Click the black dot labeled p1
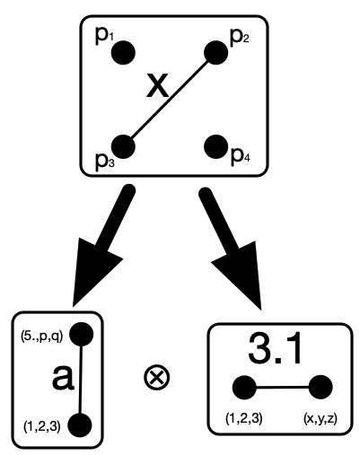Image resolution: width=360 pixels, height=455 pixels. coord(123,53)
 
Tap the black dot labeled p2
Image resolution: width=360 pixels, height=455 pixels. coord(215,53)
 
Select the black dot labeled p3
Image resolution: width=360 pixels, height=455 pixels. coord(123,146)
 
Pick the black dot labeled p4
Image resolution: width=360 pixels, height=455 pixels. coord(215,146)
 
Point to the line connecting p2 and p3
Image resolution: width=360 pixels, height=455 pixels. coord(170,100)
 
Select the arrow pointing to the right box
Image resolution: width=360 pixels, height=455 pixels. coord(231,248)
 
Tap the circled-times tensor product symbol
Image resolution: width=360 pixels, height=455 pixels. coord(157,378)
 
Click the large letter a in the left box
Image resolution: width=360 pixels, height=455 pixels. coord(63,378)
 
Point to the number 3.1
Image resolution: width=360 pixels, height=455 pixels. coord(275,349)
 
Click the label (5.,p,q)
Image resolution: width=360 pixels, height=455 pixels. coord(41,337)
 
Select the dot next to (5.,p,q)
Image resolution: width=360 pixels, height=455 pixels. coord(81,335)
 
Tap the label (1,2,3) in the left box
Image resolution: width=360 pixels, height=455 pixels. coord(42,426)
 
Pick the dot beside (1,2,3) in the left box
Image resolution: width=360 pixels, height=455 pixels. coord(80,425)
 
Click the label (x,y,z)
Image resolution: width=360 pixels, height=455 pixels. coord(320,419)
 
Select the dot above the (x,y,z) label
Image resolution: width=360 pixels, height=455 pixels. coord(320,387)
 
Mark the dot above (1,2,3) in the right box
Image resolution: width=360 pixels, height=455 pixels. coord(244,387)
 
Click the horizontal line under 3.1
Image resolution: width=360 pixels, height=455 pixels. coord(283,387)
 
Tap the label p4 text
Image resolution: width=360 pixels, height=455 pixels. coord(241,156)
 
